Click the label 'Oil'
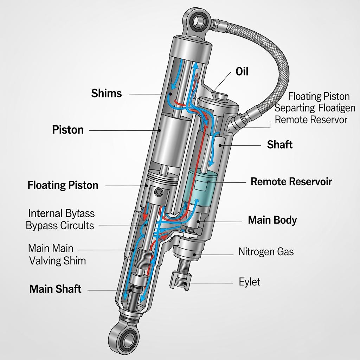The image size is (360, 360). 242,72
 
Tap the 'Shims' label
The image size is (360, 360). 107,94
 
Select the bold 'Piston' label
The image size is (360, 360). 68,130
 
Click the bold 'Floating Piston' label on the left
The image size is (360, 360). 63,185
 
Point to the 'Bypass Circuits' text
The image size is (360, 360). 60,225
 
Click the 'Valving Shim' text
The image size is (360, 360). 58,261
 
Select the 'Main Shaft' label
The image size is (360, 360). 56,289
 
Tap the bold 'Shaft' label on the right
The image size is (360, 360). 280,144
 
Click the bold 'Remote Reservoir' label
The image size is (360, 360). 291,182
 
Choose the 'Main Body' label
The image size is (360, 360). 272,220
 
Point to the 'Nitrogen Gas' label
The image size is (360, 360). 266,252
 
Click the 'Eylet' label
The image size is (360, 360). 250,282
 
